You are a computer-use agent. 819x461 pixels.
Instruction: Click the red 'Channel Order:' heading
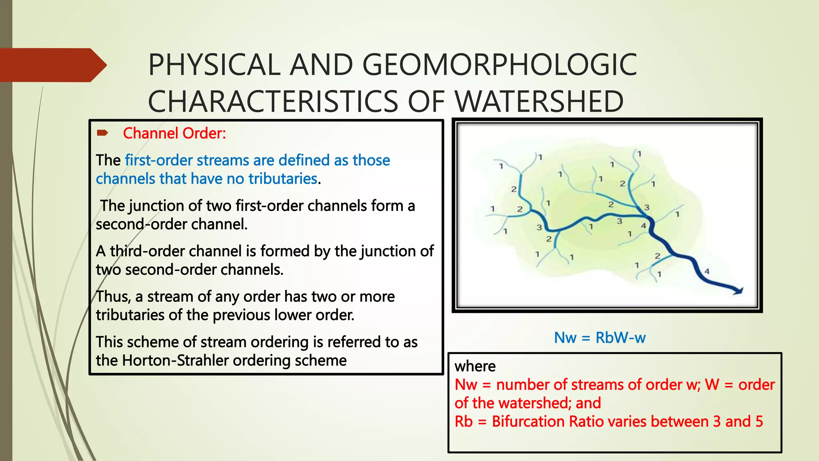[174, 133]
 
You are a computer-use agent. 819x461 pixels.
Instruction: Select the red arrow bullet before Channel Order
[102, 133]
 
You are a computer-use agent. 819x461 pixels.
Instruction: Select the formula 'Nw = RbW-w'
[599, 338]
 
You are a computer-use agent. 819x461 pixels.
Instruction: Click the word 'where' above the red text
[475, 366]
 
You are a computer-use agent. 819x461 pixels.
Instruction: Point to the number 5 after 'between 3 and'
[759, 421]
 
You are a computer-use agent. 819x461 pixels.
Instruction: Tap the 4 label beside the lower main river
[707, 271]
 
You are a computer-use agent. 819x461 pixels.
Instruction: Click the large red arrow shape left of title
[52, 65]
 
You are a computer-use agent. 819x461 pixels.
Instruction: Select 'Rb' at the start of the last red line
[463, 421]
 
